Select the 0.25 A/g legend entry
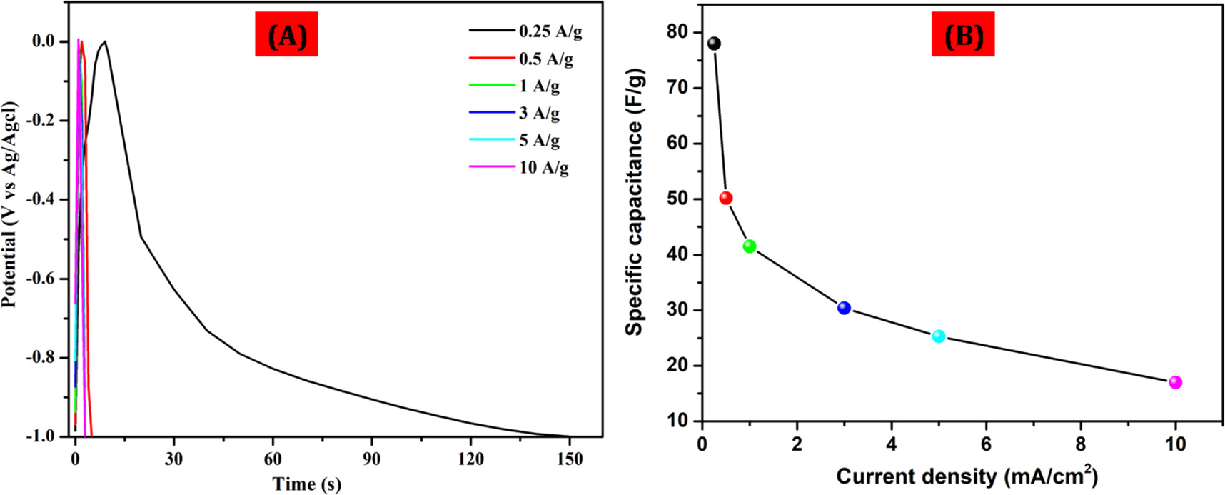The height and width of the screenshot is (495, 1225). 550,31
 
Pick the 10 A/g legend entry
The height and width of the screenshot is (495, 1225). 543,168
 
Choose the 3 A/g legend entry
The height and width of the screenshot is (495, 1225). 539,114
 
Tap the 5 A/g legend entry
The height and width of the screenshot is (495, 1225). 539,141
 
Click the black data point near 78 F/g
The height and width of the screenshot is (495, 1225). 714,44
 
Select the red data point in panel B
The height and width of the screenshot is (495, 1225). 726,198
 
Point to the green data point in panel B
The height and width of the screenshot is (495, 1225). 750,246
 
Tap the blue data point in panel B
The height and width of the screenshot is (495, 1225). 844,308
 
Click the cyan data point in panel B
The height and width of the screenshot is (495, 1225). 939,336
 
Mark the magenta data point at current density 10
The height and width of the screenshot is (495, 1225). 1175,382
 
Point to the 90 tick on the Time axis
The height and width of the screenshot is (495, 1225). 371,459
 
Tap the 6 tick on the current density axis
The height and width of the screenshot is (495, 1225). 986,444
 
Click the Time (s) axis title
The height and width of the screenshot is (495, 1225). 306,484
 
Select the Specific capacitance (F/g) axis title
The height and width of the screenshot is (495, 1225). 634,202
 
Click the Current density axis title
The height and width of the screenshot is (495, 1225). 967,476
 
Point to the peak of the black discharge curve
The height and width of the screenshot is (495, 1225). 105,41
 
